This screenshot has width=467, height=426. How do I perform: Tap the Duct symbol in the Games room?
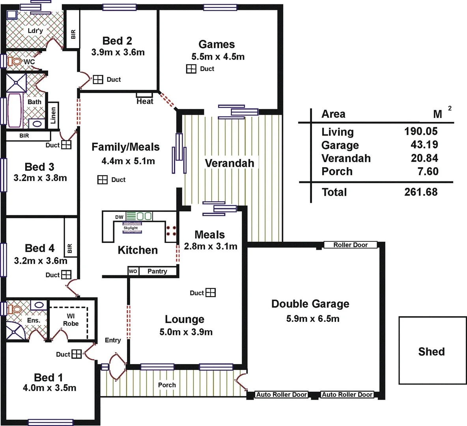point(191,69)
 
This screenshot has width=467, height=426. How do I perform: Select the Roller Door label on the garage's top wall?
point(350,245)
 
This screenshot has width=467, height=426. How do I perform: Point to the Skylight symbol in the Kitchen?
point(131,228)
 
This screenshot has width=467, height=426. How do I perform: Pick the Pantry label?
point(157,271)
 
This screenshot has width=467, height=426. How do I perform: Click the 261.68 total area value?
point(421,192)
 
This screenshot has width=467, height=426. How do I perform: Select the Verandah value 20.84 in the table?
point(424,158)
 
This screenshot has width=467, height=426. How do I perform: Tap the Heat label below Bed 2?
point(145,101)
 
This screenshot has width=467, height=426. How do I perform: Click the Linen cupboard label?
point(53,113)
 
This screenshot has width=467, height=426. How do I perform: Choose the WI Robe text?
point(71,320)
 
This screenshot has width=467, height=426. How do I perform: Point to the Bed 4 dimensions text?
point(41,261)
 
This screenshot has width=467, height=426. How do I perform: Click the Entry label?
point(113,340)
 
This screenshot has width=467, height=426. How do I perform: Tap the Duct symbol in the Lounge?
point(211,293)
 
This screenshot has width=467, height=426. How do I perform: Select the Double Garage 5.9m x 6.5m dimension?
point(313,319)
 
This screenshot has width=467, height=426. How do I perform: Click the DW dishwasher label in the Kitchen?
point(119,217)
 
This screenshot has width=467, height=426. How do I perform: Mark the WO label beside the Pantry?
point(133,271)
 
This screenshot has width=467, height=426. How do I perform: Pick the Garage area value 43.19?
point(424,145)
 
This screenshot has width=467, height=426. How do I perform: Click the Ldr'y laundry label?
point(35,30)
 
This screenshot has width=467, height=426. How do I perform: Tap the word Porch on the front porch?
point(167,385)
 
